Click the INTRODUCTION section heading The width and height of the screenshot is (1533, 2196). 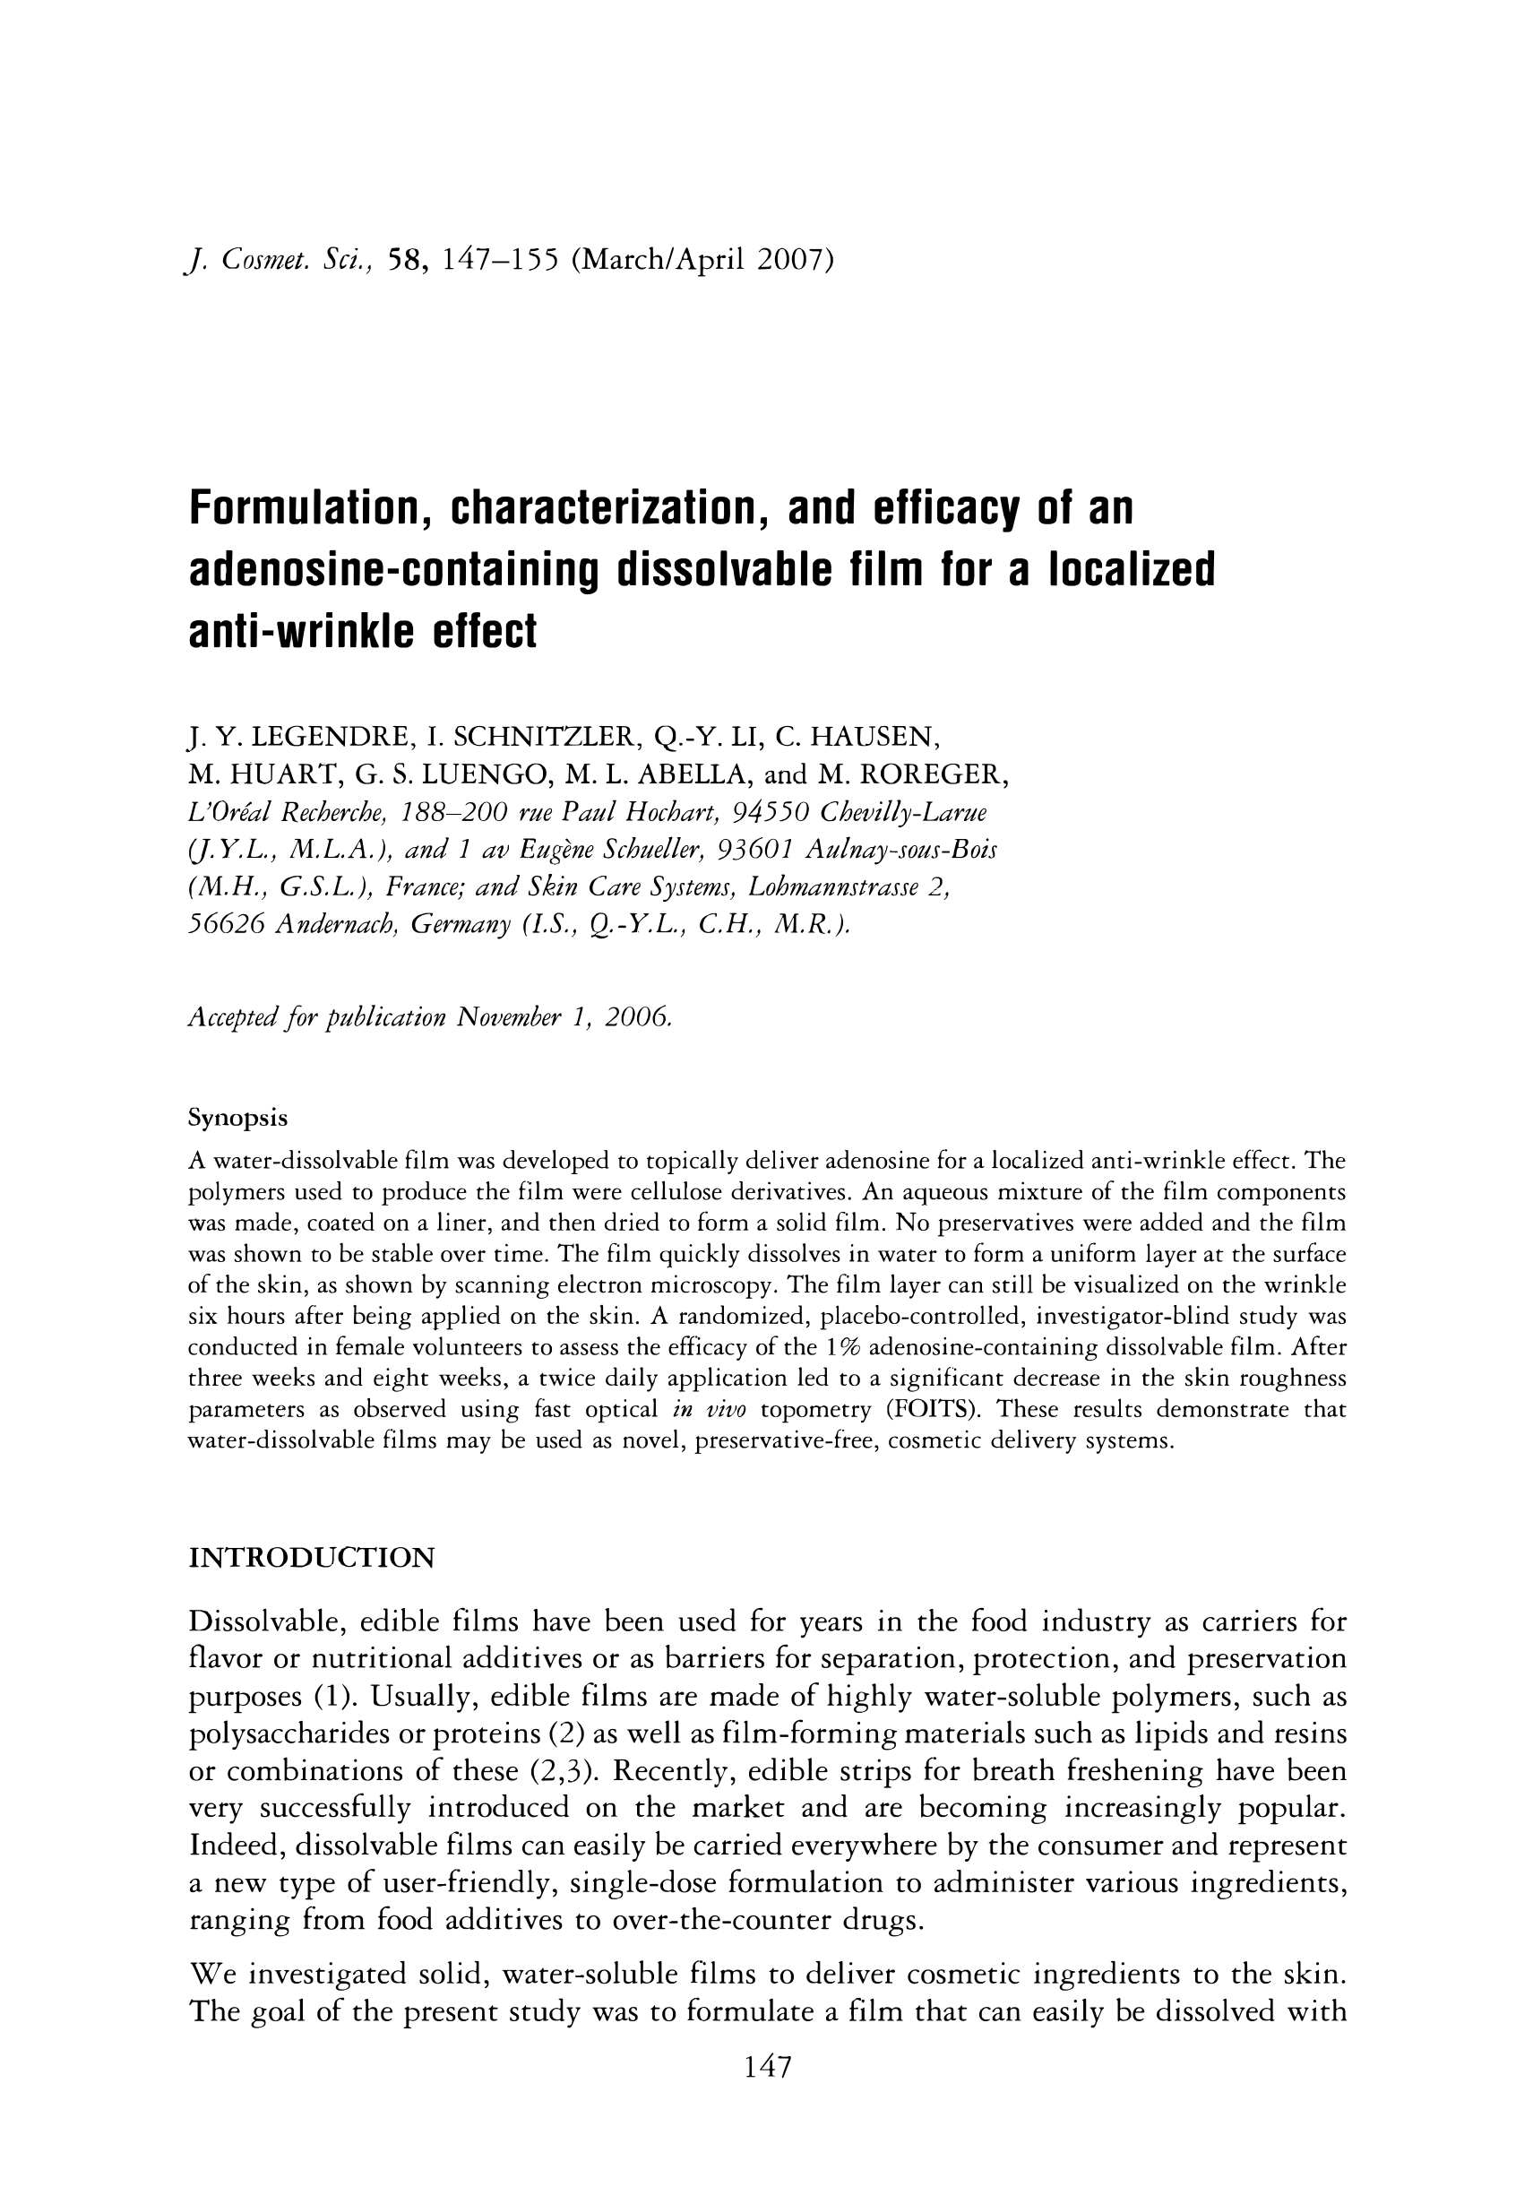point(311,1558)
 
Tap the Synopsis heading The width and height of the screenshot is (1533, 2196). point(237,1117)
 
